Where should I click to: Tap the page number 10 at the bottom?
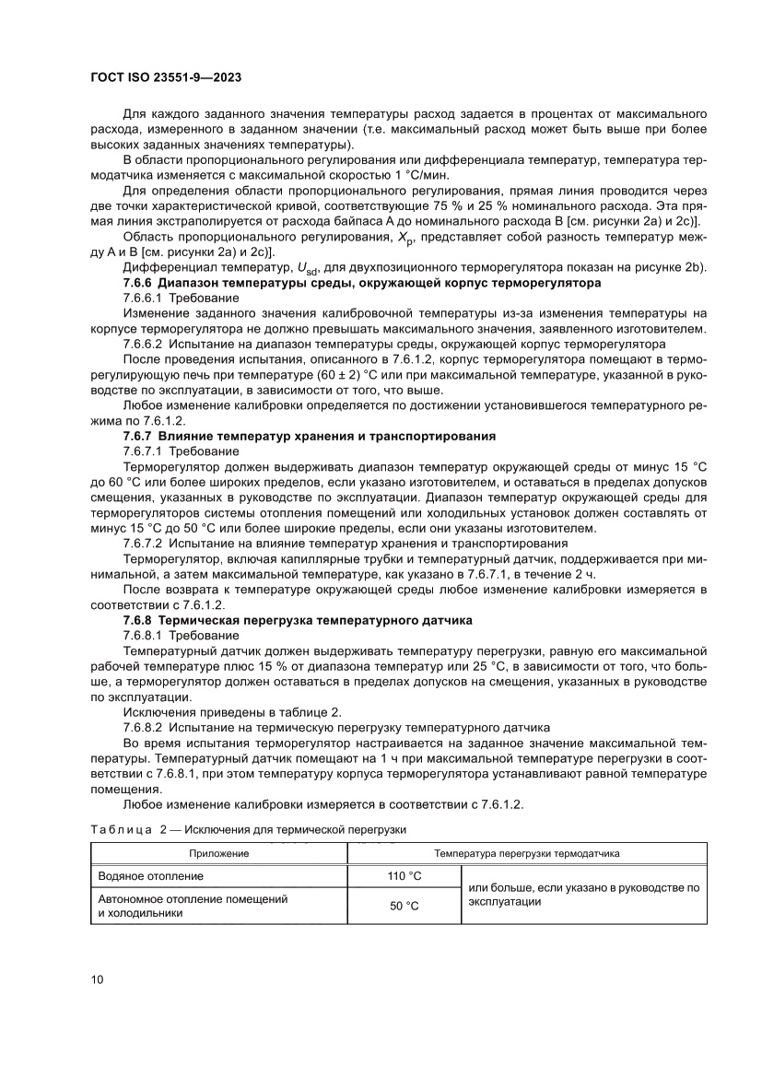coord(97,979)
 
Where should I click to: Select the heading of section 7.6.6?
coord(361,283)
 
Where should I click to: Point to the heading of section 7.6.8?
coord(297,620)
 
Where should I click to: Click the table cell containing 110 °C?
coord(403,875)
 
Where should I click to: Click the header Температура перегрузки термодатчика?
coord(526,853)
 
